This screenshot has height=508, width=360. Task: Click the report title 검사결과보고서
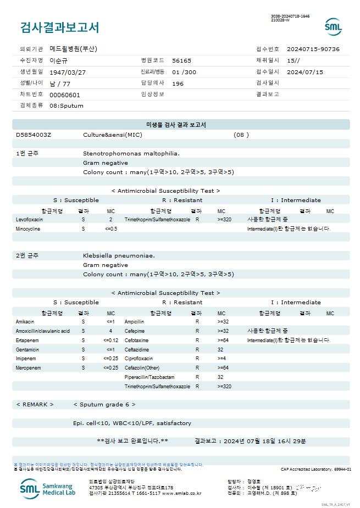(59, 27)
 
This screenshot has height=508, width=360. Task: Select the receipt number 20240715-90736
(313, 49)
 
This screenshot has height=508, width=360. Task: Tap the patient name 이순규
(58, 60)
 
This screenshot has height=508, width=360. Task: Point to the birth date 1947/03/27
(68, 72)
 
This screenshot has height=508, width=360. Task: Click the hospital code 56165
(181, 60)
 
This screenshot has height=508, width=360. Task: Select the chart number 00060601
(65, 94)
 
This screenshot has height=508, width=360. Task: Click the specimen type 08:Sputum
(67, 105)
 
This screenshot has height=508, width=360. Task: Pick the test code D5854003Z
(34, 135)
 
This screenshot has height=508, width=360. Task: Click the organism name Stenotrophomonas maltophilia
(131, 153)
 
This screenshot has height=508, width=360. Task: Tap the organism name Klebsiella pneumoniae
(119, 255)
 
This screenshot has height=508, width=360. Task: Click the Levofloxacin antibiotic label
(30, 219)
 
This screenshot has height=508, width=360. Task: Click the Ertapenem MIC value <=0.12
(110, 340)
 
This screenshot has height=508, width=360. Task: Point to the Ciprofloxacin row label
(139, 358)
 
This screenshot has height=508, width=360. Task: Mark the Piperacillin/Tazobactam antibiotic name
(149, 377)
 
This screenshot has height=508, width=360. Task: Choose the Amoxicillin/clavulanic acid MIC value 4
(110, 331)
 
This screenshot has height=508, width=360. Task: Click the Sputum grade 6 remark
(104, 404)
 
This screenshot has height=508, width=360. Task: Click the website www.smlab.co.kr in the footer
(181, 493)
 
